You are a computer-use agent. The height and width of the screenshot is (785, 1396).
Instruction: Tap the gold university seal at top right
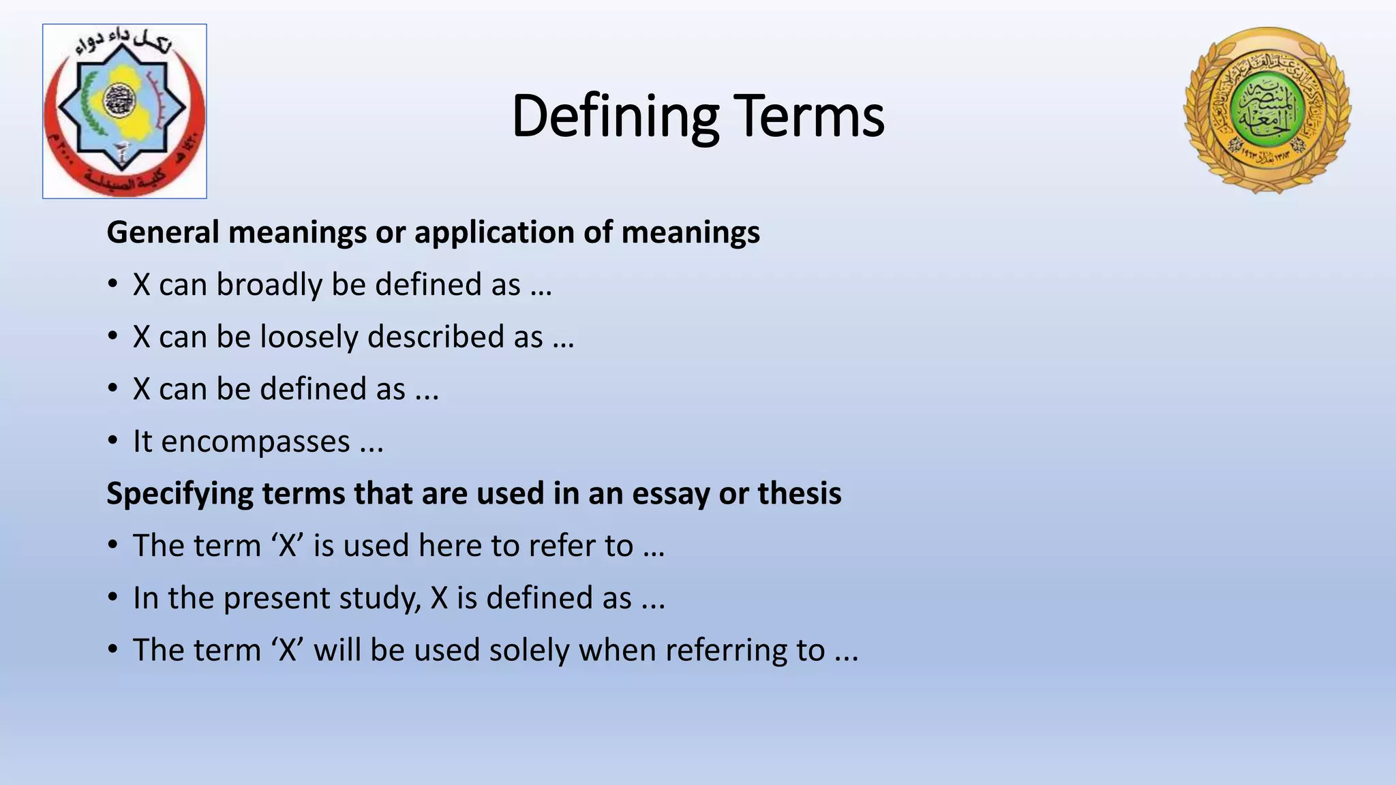coord(1267,110)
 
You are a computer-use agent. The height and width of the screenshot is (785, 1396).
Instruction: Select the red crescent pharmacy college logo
coord(125,111)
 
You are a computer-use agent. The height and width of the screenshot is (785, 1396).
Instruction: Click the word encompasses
coord(255,441)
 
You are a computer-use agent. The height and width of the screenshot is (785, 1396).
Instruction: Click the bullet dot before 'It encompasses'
coord(113,442)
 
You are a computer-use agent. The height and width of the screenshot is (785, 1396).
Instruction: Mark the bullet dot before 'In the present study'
coord(113,598)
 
